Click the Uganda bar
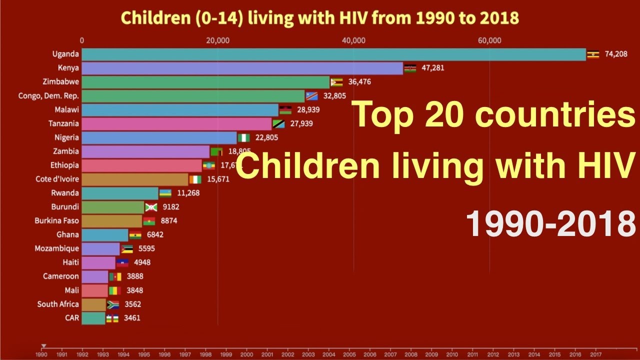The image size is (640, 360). (x=333, y=54)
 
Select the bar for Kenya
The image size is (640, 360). (x=242, y=68)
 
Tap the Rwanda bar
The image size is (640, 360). (x=120, y=193)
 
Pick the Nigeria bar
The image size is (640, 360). (x=159, y=137)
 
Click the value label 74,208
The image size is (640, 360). (x=616, y=54)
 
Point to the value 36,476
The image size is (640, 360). (x=359, y=82)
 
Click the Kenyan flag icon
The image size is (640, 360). (x=410, y=68)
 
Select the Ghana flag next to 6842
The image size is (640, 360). (x=135, y=235)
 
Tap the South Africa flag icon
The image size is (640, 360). (x=113, y=304)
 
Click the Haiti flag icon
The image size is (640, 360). (x=122, y=262)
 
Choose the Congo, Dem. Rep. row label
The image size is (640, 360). (x=48, y=95)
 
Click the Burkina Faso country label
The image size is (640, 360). (x=56, y=220)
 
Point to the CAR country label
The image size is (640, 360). (x=71, y=318)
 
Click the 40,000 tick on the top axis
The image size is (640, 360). (x=353, y=41)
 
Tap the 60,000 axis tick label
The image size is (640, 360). (x=489, y=41)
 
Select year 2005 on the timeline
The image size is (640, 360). (x=349, y=354)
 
